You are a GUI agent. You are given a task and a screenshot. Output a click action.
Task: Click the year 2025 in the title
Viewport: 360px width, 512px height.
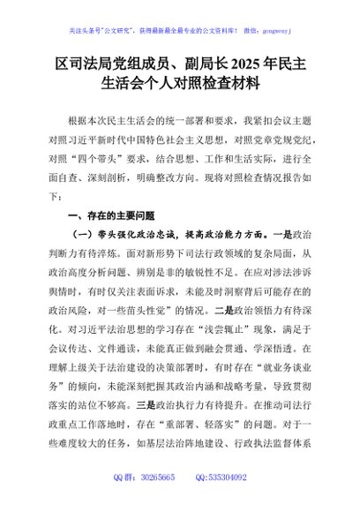[249, 64]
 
